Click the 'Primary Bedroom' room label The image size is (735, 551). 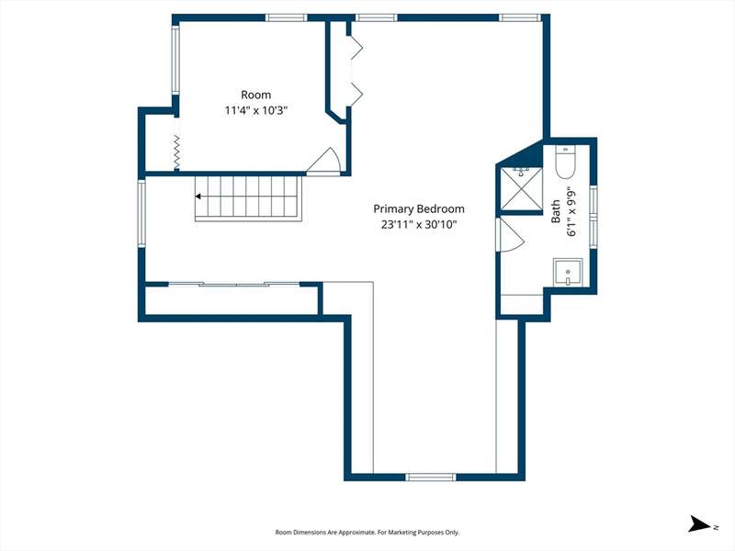point(419,209)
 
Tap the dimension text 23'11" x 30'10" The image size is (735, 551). point(419,224)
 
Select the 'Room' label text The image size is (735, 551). point(256,95)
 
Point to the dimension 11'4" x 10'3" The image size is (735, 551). point(256,110)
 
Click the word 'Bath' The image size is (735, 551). point(556,211)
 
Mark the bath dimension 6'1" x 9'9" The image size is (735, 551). point(571,211)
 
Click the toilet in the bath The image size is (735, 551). point(565,163)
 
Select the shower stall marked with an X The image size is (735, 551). point(521,188)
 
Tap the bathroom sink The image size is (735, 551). point(568,272)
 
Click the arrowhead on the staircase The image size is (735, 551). point(198,197)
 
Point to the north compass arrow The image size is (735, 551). point(699,523)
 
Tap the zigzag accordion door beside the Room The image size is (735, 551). point(176,152)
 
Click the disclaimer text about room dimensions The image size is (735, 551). point(367,533)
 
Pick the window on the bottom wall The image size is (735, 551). point(430,477)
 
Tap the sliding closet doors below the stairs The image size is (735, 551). point(233,284)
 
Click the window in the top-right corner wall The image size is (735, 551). point(519,17)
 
